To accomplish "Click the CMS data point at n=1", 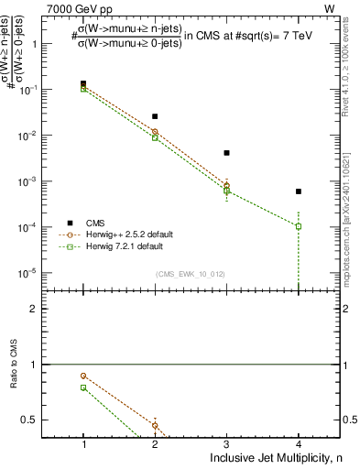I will [x=83, y=83].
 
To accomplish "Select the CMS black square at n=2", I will [x=155, y=116].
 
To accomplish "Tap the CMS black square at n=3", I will [x=226, y=153].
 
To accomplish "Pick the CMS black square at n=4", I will [x=298, y=191].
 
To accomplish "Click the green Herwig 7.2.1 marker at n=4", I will [x=298, y=226].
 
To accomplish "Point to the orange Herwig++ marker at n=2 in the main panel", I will [x=155, y=132].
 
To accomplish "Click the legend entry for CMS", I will [x=95, y=223].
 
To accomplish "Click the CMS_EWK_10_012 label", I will [x=191, y=274].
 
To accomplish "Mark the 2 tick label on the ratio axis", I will [x=41, y=309].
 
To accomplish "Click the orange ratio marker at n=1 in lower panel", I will [x=83, y=376].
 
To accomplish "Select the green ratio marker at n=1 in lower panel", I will [x=83, y=387].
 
